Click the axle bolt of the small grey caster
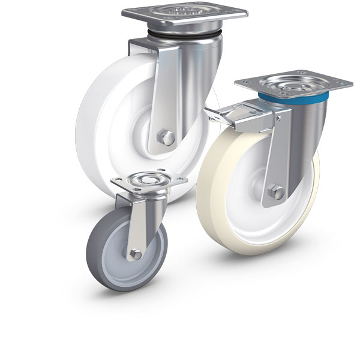(x=136, y=254)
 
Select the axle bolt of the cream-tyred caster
(x=276, y=192)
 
